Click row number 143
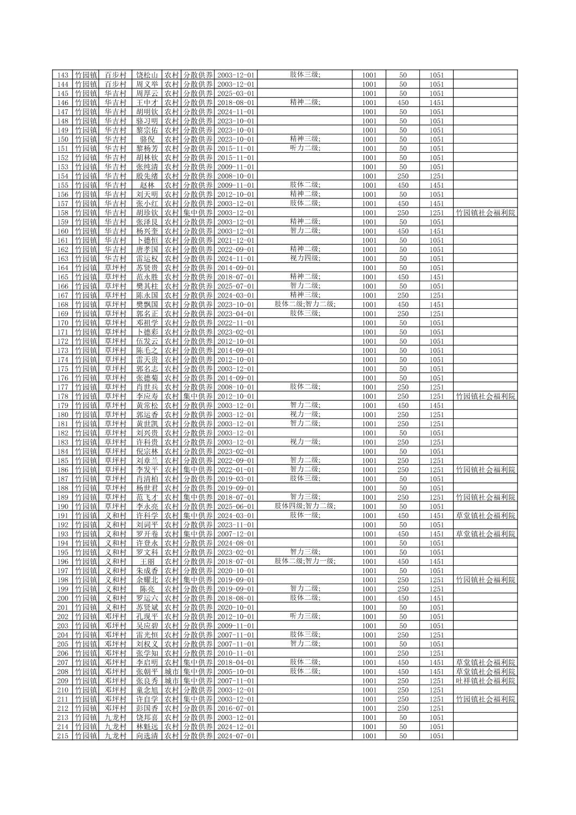pyautogui.click(x=62, y=75)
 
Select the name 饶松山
pyautogui.click(x=147, y=75)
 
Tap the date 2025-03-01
pyautogui.click(x=236, y=93)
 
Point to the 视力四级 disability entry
pyautogui.click(x=305, y=258)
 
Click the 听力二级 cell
pyautogui.click(x=305, y=148)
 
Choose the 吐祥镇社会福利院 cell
pyautogui.click(x=485, y=680)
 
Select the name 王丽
pyautogui.click(x=147, y=561)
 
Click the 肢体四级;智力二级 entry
pyautogui.click(x=305, y=506)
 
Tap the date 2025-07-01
pyautogui.click(x=236, y=286)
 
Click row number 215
pyautogui.click(x=62, y=736)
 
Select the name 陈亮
pyautogui.click(x=147, y=589)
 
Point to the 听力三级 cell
pyautogui.click(x=305, y=616)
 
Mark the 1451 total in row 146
pyautogui.click(x=436, y=102)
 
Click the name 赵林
pyautogui.click(x=147, y=185)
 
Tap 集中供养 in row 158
pyautogui.click(x=198, y=213)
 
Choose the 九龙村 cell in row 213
pyautogui.click(x=115, y=717)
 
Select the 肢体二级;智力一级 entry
pyautogui.click(x=305, y=561)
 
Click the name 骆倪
pyautogui.click(x=147, y=139)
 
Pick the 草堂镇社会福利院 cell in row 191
pyautogui.click(x=485, y=515)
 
